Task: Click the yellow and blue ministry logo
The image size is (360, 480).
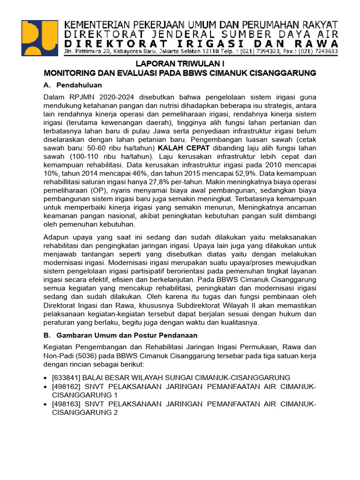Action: (41, 38)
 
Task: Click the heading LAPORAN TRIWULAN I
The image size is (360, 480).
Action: (180, 64)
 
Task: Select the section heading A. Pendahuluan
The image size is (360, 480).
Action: (73, 85)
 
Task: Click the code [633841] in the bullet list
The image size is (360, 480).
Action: (67, 377)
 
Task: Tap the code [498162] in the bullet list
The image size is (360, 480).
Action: (67, 386)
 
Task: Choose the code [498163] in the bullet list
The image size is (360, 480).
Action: (67, 404)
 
